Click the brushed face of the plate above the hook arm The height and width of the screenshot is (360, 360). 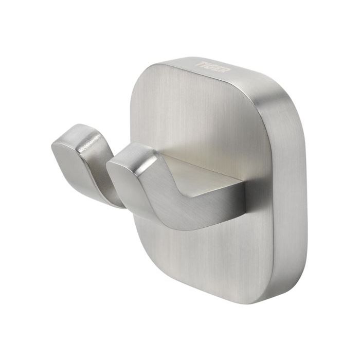coord(206,118)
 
